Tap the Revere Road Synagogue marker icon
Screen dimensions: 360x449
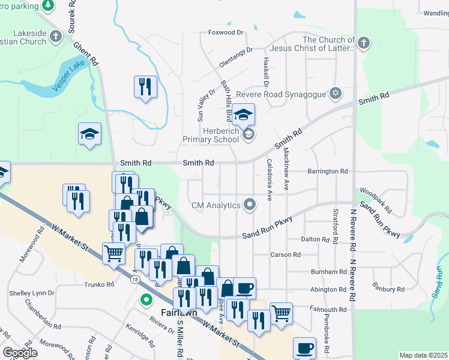336,94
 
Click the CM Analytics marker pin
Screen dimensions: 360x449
251,205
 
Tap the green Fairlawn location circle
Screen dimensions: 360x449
145,299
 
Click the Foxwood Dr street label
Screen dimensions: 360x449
226,32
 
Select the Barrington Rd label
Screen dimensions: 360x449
328,171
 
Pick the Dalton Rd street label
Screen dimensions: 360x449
315,239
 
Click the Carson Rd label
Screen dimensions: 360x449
285,254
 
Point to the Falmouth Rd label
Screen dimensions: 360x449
328,310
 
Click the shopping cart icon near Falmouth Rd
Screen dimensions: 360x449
281,313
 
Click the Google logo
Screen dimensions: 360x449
20,353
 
